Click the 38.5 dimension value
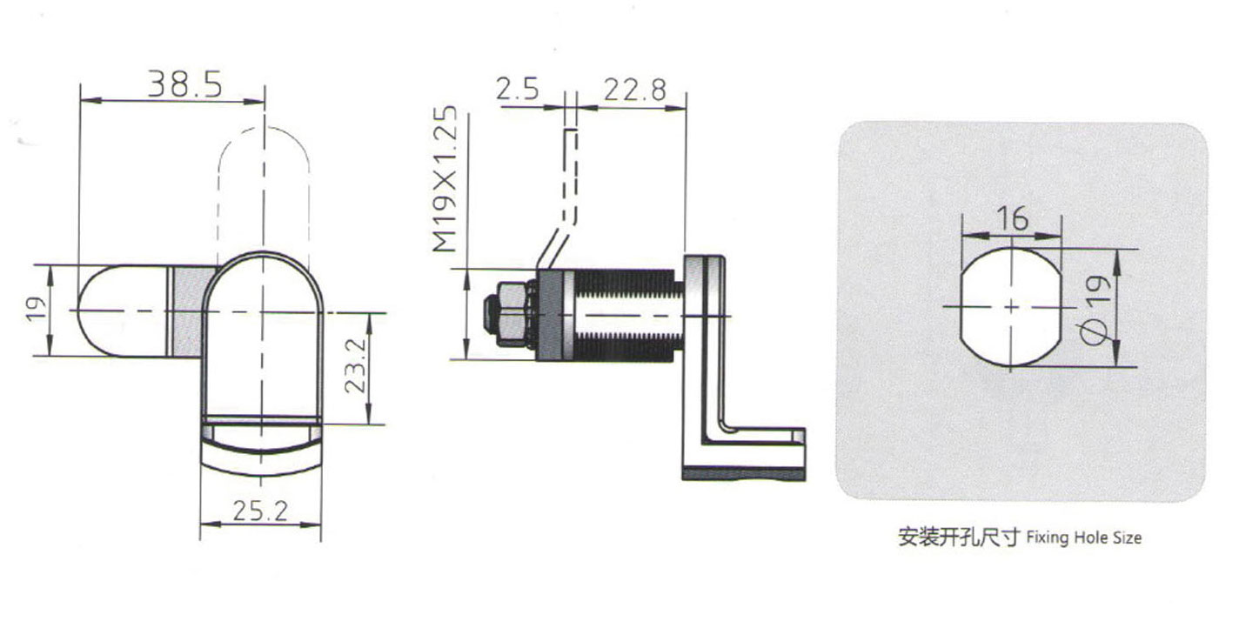pyautogui.click(x=184, y=84)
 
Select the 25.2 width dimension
pyautogui.click(x=258, y=511)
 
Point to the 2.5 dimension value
pyautogui.click(x=518, y=90)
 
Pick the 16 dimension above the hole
pyautogui.click(x=1012, y=218)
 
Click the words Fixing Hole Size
pyautogui.click(x=1083, y=538)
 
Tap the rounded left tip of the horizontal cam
pyautogui.click(x=96, y=311)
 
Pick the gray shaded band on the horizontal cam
pyautogui.click(x=190, y=311)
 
